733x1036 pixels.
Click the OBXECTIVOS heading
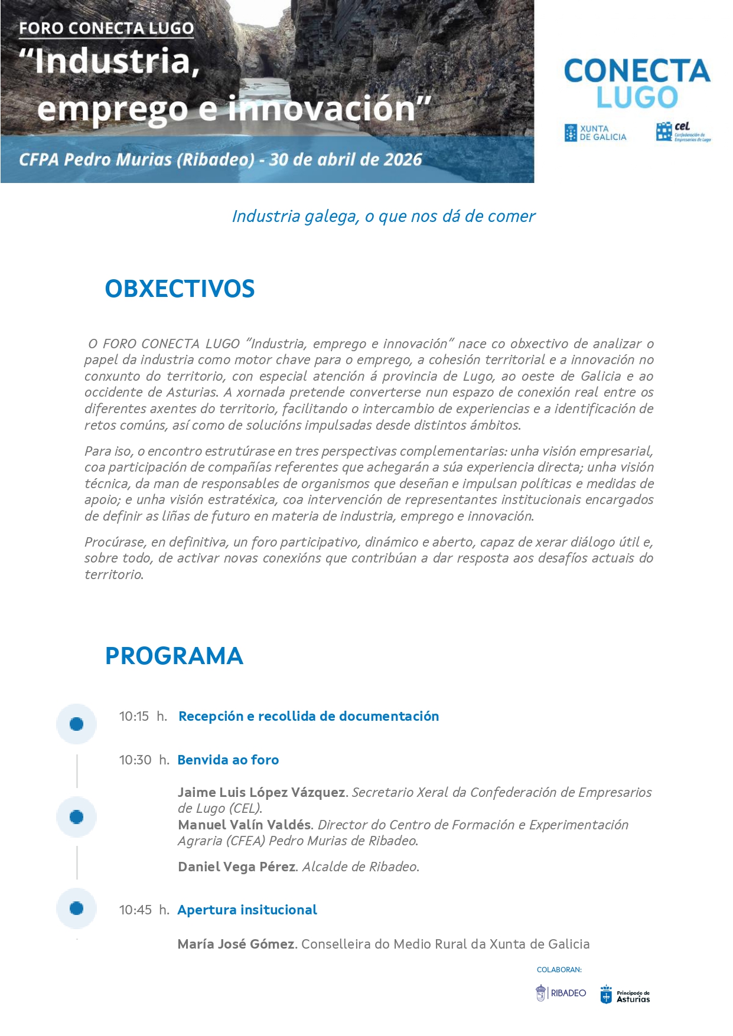(180, 289)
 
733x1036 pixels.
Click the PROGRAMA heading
(174, 656)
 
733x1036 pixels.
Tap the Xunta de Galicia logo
(595, 133)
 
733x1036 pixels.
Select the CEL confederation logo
(683, 132)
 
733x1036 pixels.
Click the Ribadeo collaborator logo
(561, 993)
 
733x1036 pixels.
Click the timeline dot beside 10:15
(76, 724)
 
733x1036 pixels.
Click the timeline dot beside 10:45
(76, 908)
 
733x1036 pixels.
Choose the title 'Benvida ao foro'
(228, 760)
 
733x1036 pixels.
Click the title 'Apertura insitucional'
(247, 910)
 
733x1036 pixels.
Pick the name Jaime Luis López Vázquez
(262, 792)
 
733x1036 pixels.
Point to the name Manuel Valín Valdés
(245, 825)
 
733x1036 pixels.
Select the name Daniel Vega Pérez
(236, 867)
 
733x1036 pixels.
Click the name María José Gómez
(236, 944)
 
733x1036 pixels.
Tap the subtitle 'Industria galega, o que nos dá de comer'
(383, 216)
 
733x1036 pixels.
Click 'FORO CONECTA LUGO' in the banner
(106, 28)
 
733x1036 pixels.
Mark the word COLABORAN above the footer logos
(559, 970)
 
